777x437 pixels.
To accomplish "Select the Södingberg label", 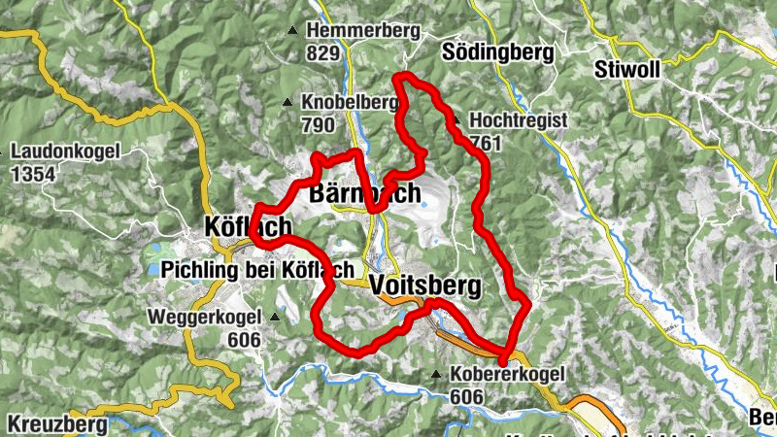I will coord(497,51).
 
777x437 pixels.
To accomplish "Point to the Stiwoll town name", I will coord(626,71).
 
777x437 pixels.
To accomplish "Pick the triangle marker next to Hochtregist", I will coord(456,120).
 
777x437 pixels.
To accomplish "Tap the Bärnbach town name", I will coord(364,193).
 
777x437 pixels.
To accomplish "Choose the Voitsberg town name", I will coord(424,286).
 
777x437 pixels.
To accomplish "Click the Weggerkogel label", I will coord(204,318).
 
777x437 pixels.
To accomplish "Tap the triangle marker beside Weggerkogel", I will coord(275,317).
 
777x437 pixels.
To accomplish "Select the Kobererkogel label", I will coord(507,375).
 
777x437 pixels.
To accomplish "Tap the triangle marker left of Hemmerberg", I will coord(293,31).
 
